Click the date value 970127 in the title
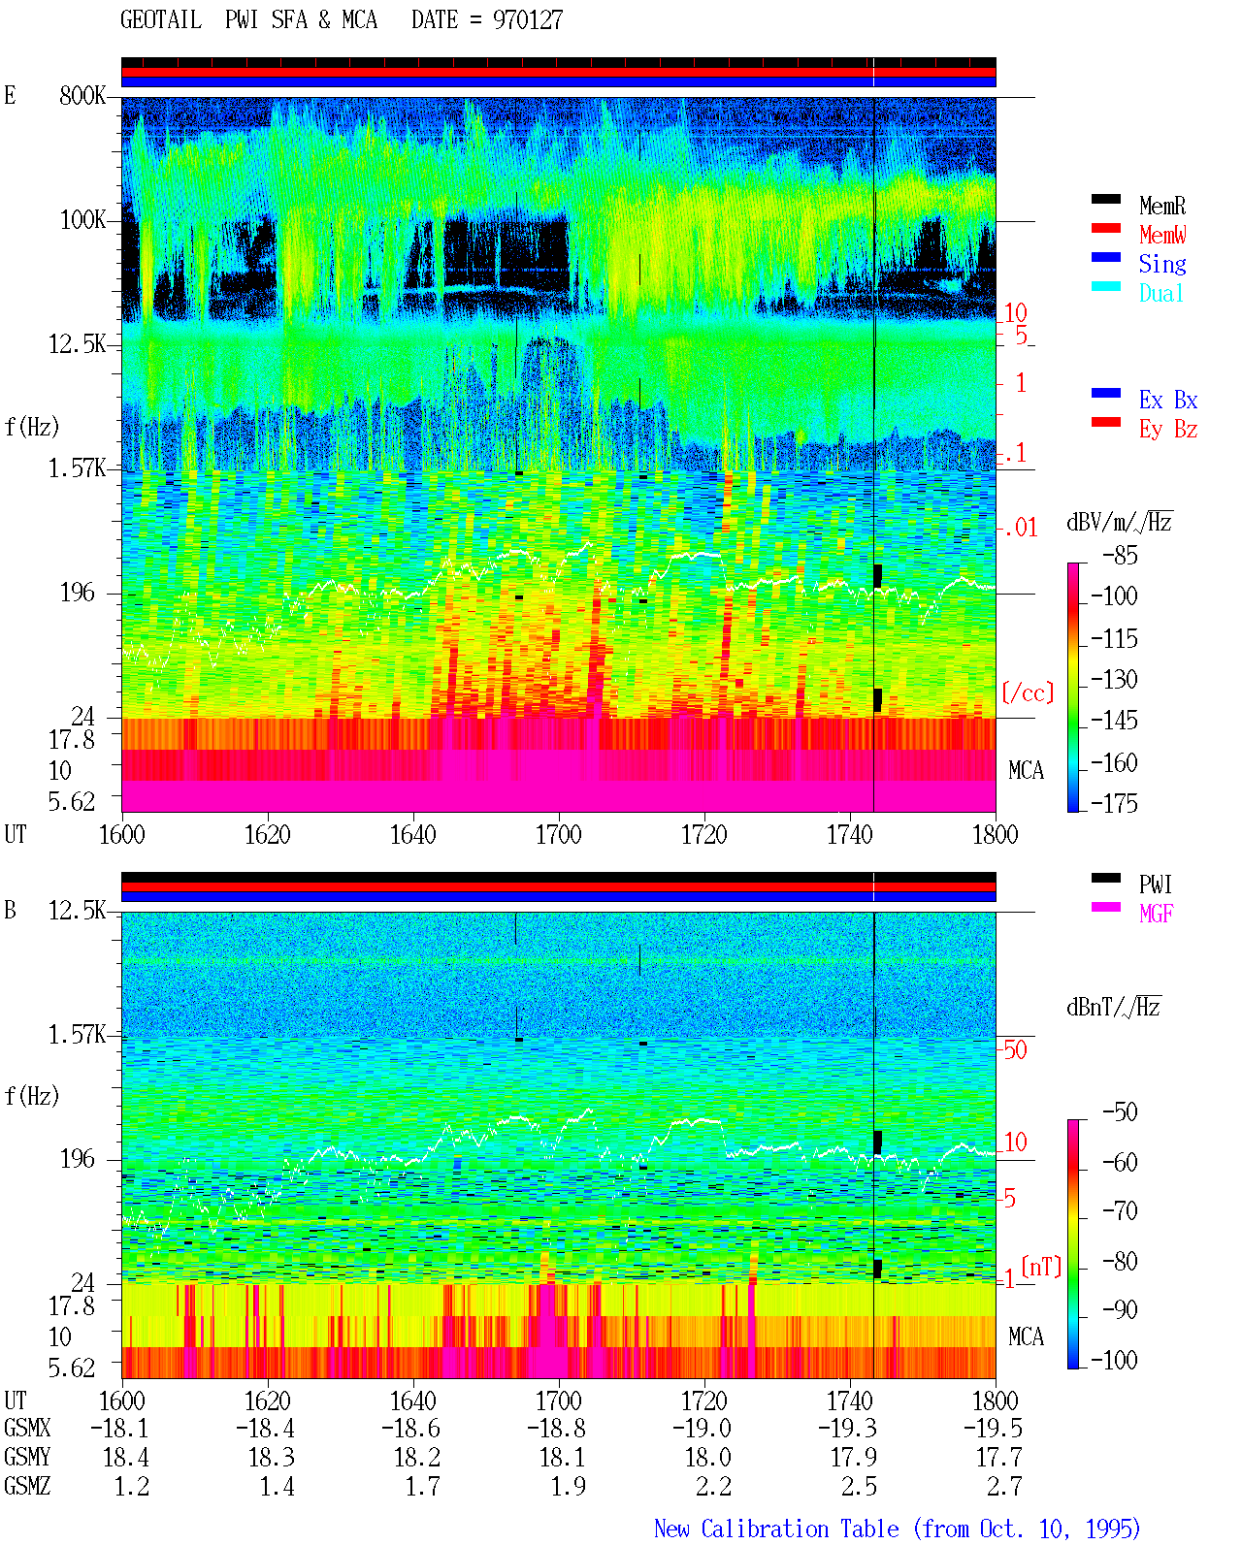click(x=527, y=19)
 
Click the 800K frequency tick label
click(x=82, y=95)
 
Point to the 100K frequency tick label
click(x=82, y=220)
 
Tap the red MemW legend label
click(x=1162, y=235)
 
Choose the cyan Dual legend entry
click(x=1160, y=293)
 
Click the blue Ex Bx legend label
click(x=1168, y=400)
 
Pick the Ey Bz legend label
click(x=1168, y=429)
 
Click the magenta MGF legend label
click(x=1156, y=914)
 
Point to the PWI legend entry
click(x=1155, y=884)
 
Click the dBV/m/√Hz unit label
click(x=1120, y=522)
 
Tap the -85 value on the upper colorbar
click(x=1120, y=555)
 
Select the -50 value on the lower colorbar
click(x=1120, y=1112)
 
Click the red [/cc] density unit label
click(x=1028, y=692)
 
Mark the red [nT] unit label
click(x=1041, y=1267)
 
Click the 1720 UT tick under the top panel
click(x=704, y=834)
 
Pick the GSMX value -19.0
click(x=702, y=1428)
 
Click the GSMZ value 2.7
click(x=1004, y=1486)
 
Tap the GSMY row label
click(x=27, y=1457)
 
